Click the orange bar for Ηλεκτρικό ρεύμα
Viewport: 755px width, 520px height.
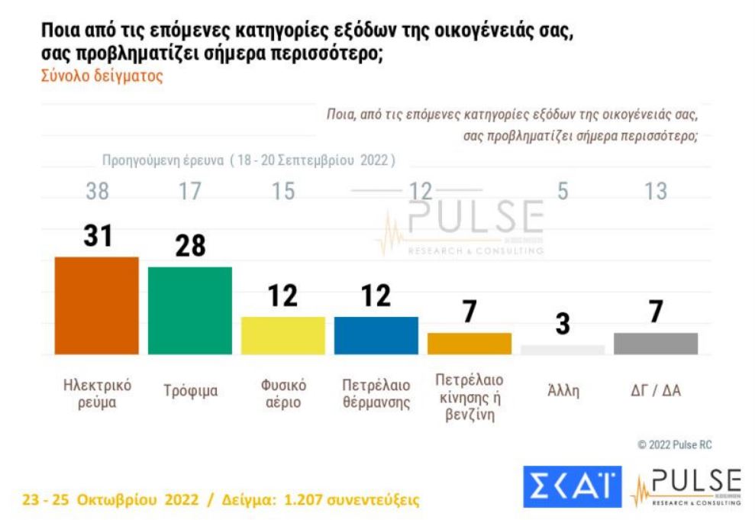pyautogui.click(x=97, y=305)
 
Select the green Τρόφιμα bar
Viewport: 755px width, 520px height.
pyautogui.click(x=189, y=311)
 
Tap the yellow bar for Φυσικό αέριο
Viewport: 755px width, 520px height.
pyautogui.click(x=283, y=335)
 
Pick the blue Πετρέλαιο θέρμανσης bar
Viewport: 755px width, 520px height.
pyautogui.click(x=376, y=335)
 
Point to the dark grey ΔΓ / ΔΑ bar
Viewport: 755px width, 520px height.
pyautogui.click(x=656, y=344)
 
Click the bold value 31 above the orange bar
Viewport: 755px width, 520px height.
pyautogui.click(x=97, y=236)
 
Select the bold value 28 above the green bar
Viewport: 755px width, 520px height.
pyautogui.click(x=189, y=247)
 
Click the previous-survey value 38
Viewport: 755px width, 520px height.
pyautogui.click(x=97, y=191)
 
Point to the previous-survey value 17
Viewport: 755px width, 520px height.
pyautogui.click(x=189, y=191)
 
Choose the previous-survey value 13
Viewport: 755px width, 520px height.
pyautogui.click(x=656, y=191)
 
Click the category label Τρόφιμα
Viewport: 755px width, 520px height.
pyautogui.click(x=190, y=391)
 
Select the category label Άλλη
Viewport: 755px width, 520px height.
pyautogui.click(x=563, y=391)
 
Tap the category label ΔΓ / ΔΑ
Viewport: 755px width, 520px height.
pyautogui.click(x=656, y=391)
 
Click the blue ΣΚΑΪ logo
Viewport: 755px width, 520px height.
pyautogui.click(x=572, y=486)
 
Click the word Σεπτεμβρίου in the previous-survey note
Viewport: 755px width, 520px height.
pyautogui.click(x=318, y=161)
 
